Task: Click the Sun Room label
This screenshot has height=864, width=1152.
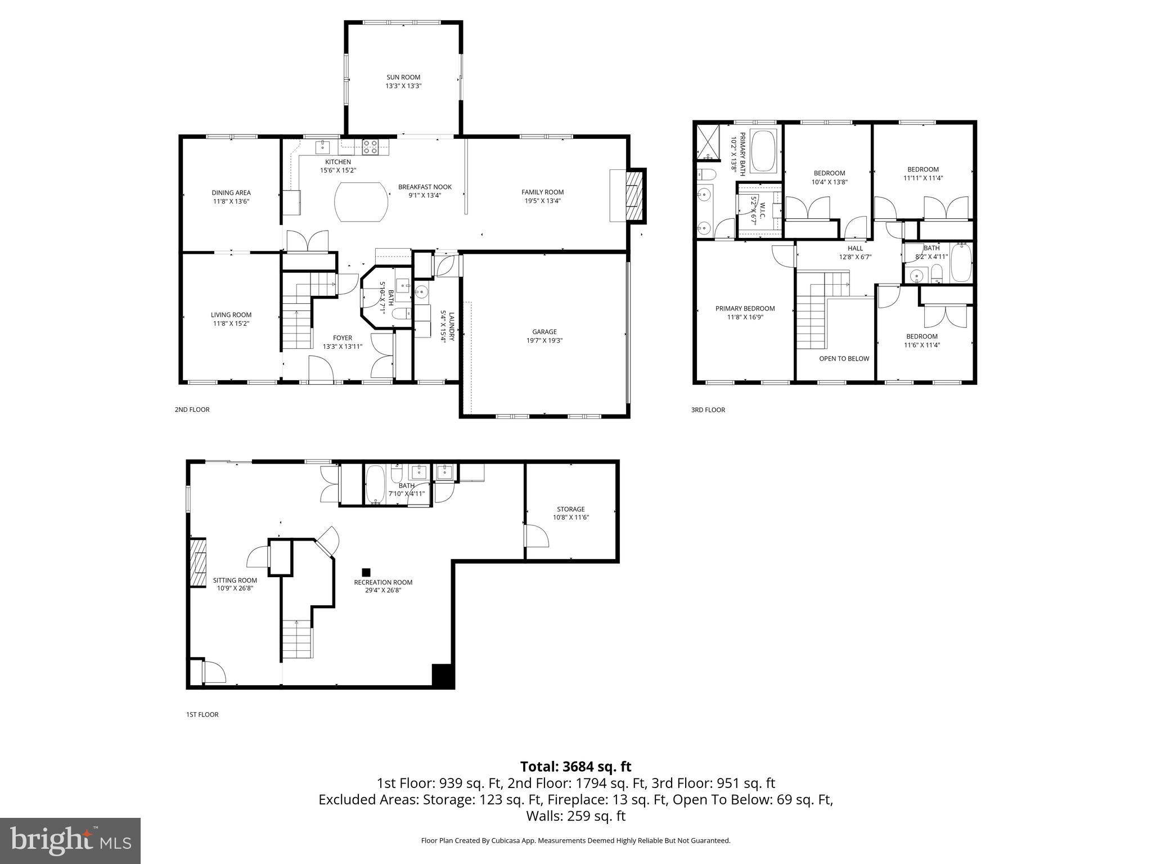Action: [x=403, y=78]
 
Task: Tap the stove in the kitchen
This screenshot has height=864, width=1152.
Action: [x=370, y=147]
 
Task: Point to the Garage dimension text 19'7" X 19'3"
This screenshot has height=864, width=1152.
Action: [x=544, y=340]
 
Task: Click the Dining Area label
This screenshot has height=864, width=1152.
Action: [x=231, y=193]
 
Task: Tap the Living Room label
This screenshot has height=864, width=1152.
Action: [x=231, y=315]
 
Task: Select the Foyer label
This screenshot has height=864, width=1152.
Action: [x=342, y=338]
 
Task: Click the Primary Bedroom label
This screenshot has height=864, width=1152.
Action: [x=745, y=309]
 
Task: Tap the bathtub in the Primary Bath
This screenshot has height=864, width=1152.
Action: [x=764, y=151]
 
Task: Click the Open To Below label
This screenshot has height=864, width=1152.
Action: [x=844, y=359]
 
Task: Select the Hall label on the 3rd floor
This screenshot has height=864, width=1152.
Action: [x=855, y=249]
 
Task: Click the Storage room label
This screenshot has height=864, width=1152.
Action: [x=571, y=509]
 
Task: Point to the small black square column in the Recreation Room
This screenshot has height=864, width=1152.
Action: [x=366, y=571]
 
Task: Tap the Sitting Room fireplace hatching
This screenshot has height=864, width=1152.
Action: [x=197, y=563]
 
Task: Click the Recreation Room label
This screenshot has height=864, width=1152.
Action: [x=383, y=583]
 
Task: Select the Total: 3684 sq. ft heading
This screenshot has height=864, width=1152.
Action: [x=575, y=767]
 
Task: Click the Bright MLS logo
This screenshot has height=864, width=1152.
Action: [x=70, y=840]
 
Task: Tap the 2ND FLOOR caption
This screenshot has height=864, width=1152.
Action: [x=192, y=409]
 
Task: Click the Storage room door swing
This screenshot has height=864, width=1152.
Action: [x=536, y=535]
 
